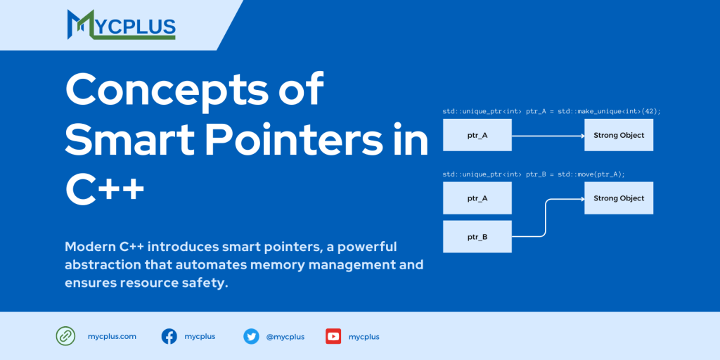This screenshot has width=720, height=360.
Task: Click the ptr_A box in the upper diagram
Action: (x=477, y=135)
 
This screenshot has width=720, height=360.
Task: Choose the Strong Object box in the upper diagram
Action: (x=619, y=135)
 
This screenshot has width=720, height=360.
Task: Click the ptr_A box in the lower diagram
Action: (x=477, y=198)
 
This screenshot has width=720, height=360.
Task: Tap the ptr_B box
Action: (x=477, y=236)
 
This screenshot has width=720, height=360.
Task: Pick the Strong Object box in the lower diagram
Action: (x=619, y=198)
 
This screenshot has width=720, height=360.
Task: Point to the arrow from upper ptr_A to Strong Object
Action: (x=548, y=135)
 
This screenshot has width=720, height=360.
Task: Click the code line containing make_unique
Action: (x=551, y=111)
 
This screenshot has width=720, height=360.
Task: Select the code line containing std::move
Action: (x=534, y=174)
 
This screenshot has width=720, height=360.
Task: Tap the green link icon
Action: (x=65, y=336)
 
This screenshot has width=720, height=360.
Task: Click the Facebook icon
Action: (x=169, y=336)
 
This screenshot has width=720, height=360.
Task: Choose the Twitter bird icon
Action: (x=251, y=336)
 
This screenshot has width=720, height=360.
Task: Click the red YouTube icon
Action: (x=333, y=336)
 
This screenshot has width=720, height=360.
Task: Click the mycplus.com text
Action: (x=112, y=336)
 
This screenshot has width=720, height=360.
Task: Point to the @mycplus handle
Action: (x=285, y=337)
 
